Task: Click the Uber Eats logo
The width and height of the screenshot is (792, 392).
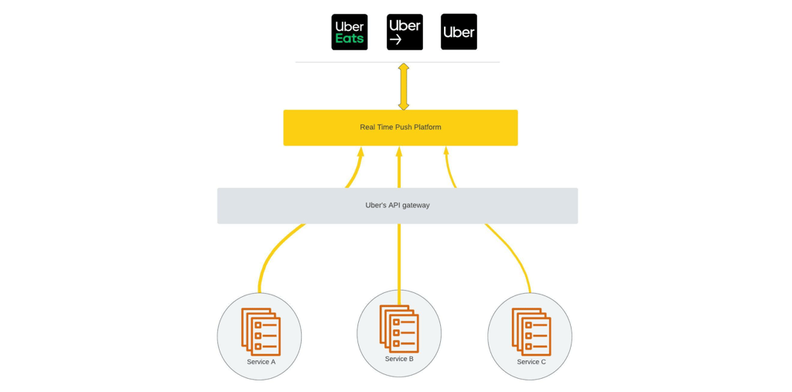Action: [x=350, y=32]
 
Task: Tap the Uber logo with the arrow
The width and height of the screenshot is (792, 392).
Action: [x=405, y=32]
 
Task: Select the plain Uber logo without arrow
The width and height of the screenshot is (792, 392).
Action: [x=459, y=32]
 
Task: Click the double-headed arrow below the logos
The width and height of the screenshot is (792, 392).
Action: [x=404, y=87]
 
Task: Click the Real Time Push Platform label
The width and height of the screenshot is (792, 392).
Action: [x=401, y=128]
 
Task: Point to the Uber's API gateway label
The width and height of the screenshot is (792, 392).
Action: [x=398, y=206]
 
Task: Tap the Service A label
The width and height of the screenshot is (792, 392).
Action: [x=261, y=362]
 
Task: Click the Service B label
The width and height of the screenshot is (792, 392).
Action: [x=399, y=360]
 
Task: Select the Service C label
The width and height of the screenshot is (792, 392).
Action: [x=531, y=362]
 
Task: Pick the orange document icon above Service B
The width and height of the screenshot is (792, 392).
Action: [x=399, y=329]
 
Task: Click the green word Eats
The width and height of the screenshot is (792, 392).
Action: [x=350, y=39]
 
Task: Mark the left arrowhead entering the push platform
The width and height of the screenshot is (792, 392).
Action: [x=360, y=152]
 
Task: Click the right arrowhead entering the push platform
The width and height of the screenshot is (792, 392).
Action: [x=446, y=152]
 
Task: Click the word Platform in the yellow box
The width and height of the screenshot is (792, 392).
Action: [x=427, y=128]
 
